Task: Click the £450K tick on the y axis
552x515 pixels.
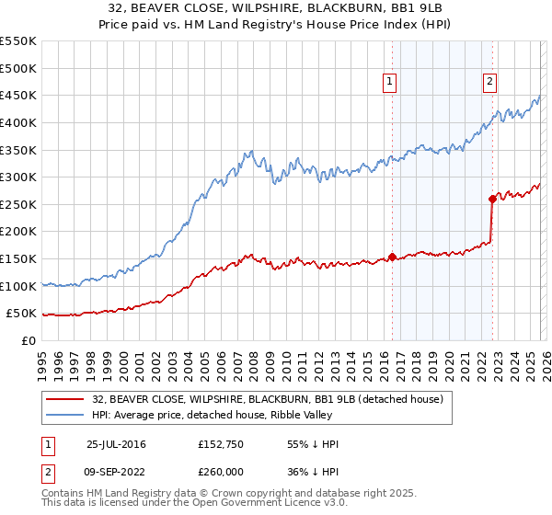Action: click(x=18, y=95)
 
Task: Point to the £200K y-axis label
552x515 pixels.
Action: click(x=18, y=232)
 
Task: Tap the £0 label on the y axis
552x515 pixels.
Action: click(x=28, y=341)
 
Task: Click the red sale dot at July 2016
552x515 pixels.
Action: click(x=392, y=257)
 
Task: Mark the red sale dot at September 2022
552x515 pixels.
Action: click(x=492, y=199)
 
